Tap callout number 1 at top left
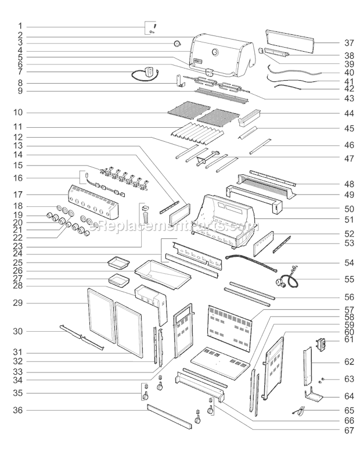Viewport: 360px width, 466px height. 20,26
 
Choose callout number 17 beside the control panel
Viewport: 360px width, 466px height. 20,194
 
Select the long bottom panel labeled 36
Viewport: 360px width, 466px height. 168,417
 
